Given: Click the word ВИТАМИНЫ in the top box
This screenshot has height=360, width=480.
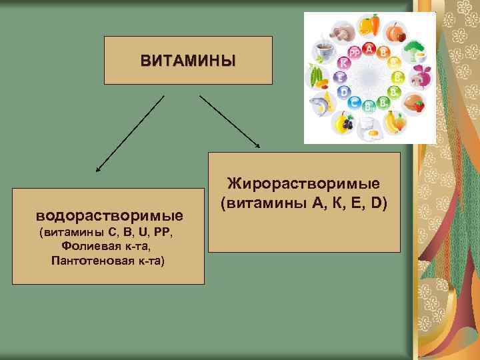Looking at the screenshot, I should [x=188, y=61].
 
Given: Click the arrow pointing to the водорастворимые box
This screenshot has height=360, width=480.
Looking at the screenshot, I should [x=130, y=133].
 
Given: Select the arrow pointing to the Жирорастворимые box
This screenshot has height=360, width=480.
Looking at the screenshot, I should [x=230, y=120].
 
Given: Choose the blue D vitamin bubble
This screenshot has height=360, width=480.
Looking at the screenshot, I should [x=344, y=92].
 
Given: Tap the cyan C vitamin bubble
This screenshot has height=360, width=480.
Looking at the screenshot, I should [x=355, y=103].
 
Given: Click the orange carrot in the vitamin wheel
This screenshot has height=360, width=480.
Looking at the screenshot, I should [x=375, y=25].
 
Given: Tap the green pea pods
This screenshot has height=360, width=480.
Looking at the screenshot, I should [x=315, y=77].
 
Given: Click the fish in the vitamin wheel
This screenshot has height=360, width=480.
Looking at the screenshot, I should [x=320, y=103].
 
